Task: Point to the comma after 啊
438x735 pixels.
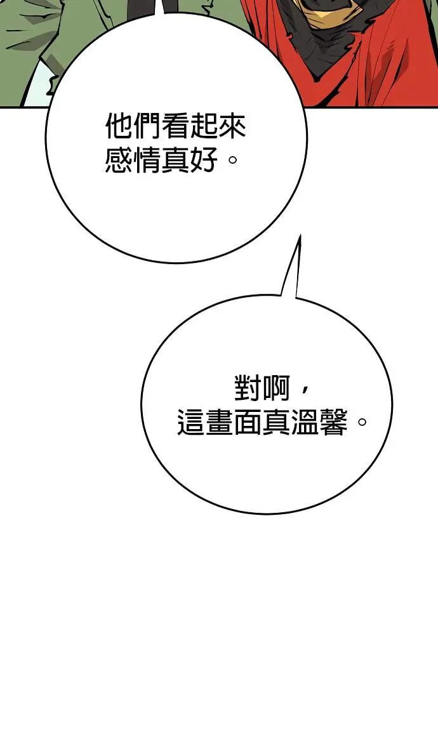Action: coord(304,390)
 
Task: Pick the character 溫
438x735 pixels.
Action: coord(305,423)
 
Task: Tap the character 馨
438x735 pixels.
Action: coord(333,423)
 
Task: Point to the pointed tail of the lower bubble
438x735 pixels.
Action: coord(299,235)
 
